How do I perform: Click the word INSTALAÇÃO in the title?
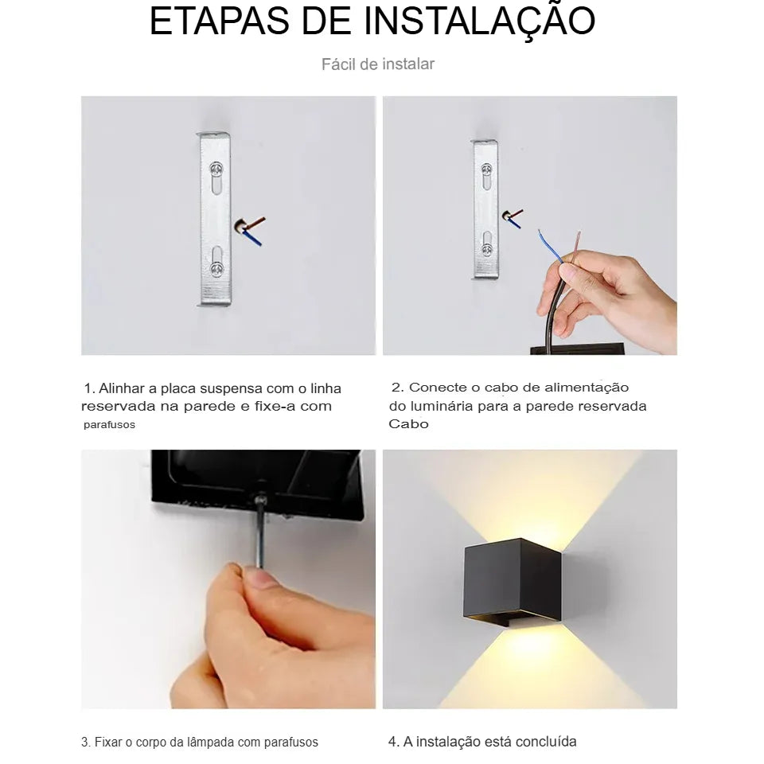point(479,21)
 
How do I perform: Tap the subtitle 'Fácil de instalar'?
point(378,64)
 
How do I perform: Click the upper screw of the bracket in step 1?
point(216,169)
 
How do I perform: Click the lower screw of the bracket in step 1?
point(216,267)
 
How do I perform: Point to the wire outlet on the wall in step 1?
point(240,228)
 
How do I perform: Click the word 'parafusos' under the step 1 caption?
point(110,425)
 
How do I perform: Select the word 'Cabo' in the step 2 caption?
point(408,424)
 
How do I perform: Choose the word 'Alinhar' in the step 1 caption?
point(125,388)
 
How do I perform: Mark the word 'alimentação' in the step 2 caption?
point(587,388)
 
